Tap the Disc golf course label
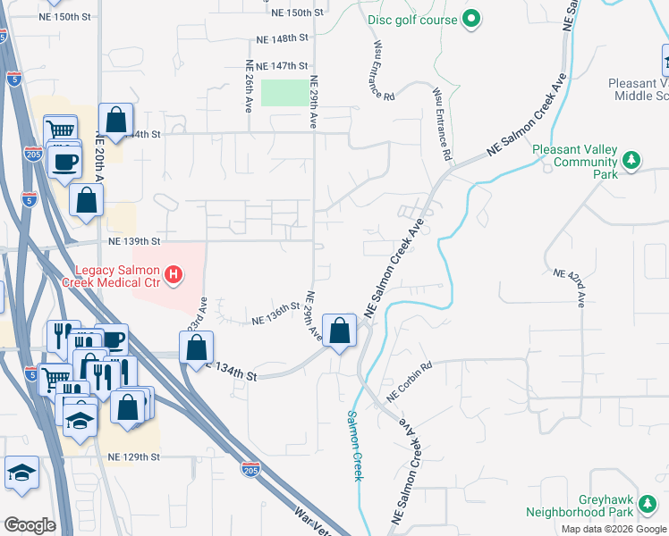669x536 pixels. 411,19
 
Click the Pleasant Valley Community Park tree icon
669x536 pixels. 631,160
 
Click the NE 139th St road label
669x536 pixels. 134,241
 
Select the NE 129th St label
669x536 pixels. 133,456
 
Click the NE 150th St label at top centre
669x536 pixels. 294,13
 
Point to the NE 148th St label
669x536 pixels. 282,39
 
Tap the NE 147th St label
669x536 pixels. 282,66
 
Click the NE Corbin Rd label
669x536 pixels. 410,381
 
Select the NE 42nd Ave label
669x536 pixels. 568,288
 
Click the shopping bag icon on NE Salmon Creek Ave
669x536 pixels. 340,331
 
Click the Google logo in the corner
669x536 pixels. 30,525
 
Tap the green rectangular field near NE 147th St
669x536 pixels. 284,92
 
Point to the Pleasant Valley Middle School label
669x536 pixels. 639,88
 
